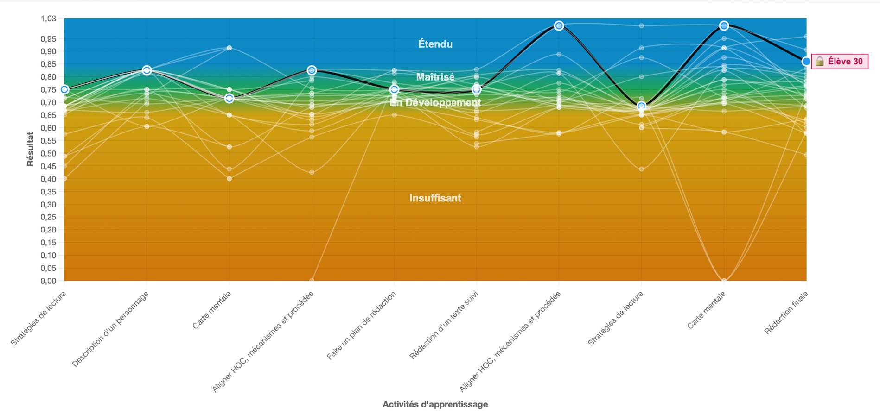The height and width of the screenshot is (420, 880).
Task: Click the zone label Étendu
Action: click(x=435, y=44)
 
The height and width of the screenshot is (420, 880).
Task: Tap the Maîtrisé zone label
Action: click(x=435, y=77)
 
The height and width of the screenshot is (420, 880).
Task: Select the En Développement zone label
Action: click(x=435, y=102)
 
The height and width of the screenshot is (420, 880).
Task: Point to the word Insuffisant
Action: click(x=435, y=198)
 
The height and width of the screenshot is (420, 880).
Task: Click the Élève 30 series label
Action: click(x=845, y=62)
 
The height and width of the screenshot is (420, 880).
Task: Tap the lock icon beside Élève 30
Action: click(x=820, y=62)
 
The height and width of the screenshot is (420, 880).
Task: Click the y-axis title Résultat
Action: click(x=31, y=149)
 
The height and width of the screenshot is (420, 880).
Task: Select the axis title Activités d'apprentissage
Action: click(x=435, y=404)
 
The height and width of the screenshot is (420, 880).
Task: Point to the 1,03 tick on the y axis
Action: click(x=48, y=19)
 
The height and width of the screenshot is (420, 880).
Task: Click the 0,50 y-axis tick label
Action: click(x=48, y=154)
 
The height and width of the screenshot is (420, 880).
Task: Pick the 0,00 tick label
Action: click(x=48, y=281)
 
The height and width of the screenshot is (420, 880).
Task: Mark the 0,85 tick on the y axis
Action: click(x=48, y=64)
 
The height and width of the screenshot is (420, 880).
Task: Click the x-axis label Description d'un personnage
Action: click(x=111, y=329)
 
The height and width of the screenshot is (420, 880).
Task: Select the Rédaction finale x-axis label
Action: click(x=786, y=313)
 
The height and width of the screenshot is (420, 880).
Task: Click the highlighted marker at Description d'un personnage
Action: click(x=147, y=70)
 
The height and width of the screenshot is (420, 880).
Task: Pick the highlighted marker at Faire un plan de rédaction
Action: click(x=394, y=89)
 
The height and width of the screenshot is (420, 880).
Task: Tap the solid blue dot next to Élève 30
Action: click(x=806, y=62)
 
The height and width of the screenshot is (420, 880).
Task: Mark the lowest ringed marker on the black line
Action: click(x=641, y=106)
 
